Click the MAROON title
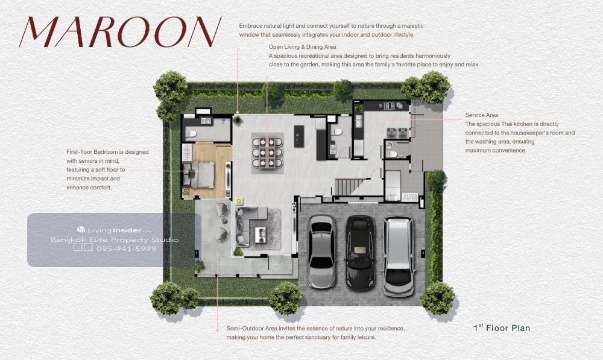pyautogui.click(x=121, y=32)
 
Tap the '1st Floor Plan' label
pyautogui.click(x=502, y=327)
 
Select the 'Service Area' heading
pyautogui.click(x=481, y=115)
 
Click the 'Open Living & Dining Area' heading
pyautogui.click(x=302, y=47)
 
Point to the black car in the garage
pyautogui.click(x=360, y=252)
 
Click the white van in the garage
pyautogui.click(x=399, y=256)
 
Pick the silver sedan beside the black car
pyautogui.click(x=322, y=251)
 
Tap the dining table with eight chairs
pyautogui.click(x=267, y=153)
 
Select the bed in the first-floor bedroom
pyautogui.click(x=198, y=174)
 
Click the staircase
pyautogui.click(x=349, y=187)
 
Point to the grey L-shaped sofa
pyautogui.click(x=248, y=226)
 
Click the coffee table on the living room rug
pyautogui.click(x=260, y=235)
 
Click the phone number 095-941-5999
pyautogui.click(x=127, y=248)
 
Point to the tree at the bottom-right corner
pyautogui.click(x=438, y=297)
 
